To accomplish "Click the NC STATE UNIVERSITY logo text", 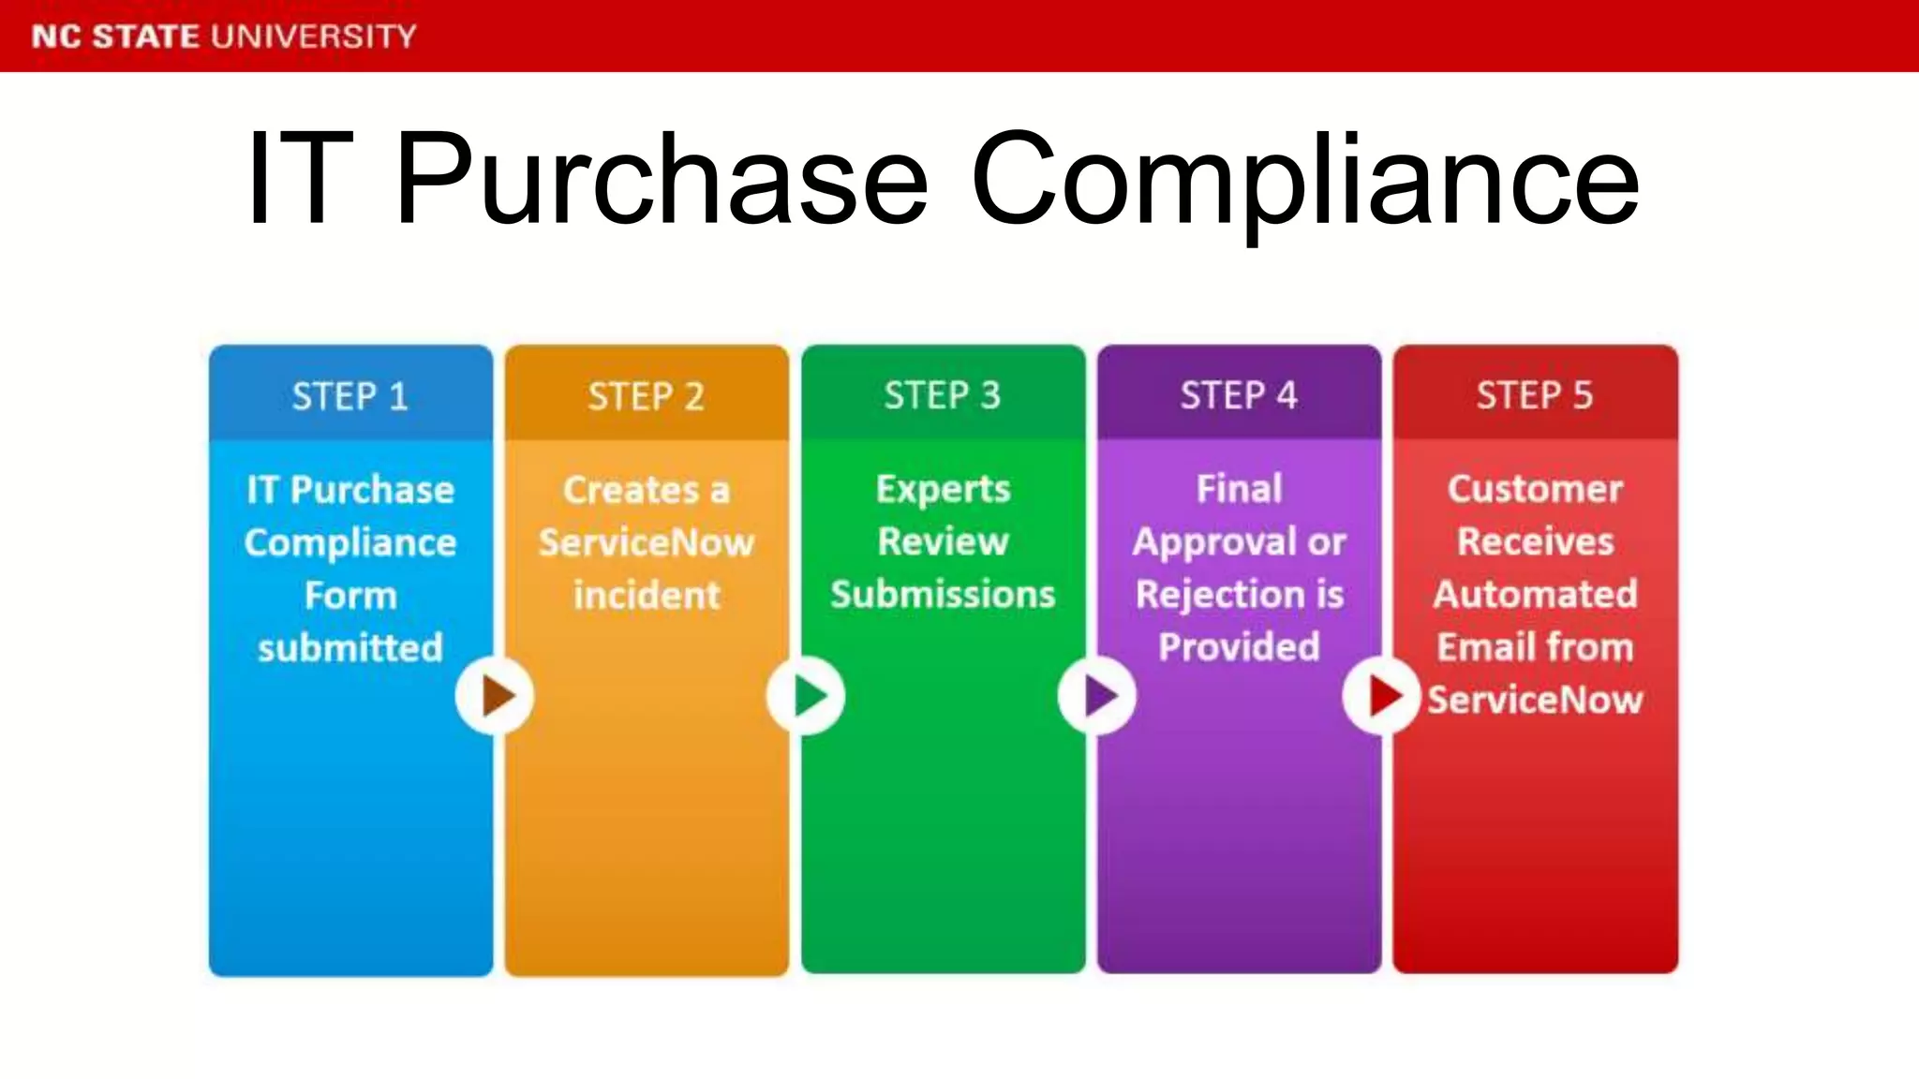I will (x=224, y=37).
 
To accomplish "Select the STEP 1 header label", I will (x=350, y=396).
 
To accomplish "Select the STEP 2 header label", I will (x=647, y=396).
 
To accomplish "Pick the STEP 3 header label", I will (x=943, y=395).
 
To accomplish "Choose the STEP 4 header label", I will (x=1239, y=395).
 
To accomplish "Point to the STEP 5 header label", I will (x=1535, y=395).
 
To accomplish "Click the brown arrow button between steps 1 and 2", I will (x=495, y=696).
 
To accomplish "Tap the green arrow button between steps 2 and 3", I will (x=806, y=696).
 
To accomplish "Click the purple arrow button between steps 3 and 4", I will (x=1097, y=696).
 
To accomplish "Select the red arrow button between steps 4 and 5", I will (x=1381, y=696).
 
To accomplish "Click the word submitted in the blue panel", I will (x=350, y=648).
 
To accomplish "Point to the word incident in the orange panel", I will (x=647, y=596).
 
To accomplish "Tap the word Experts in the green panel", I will (x=943, y=490).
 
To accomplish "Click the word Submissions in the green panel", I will (x=943, y=595).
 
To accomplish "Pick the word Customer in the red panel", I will (x=1535, y=489).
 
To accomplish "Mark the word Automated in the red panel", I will (x=1535, y=594).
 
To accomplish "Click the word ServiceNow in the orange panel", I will (x=647, y=543).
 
